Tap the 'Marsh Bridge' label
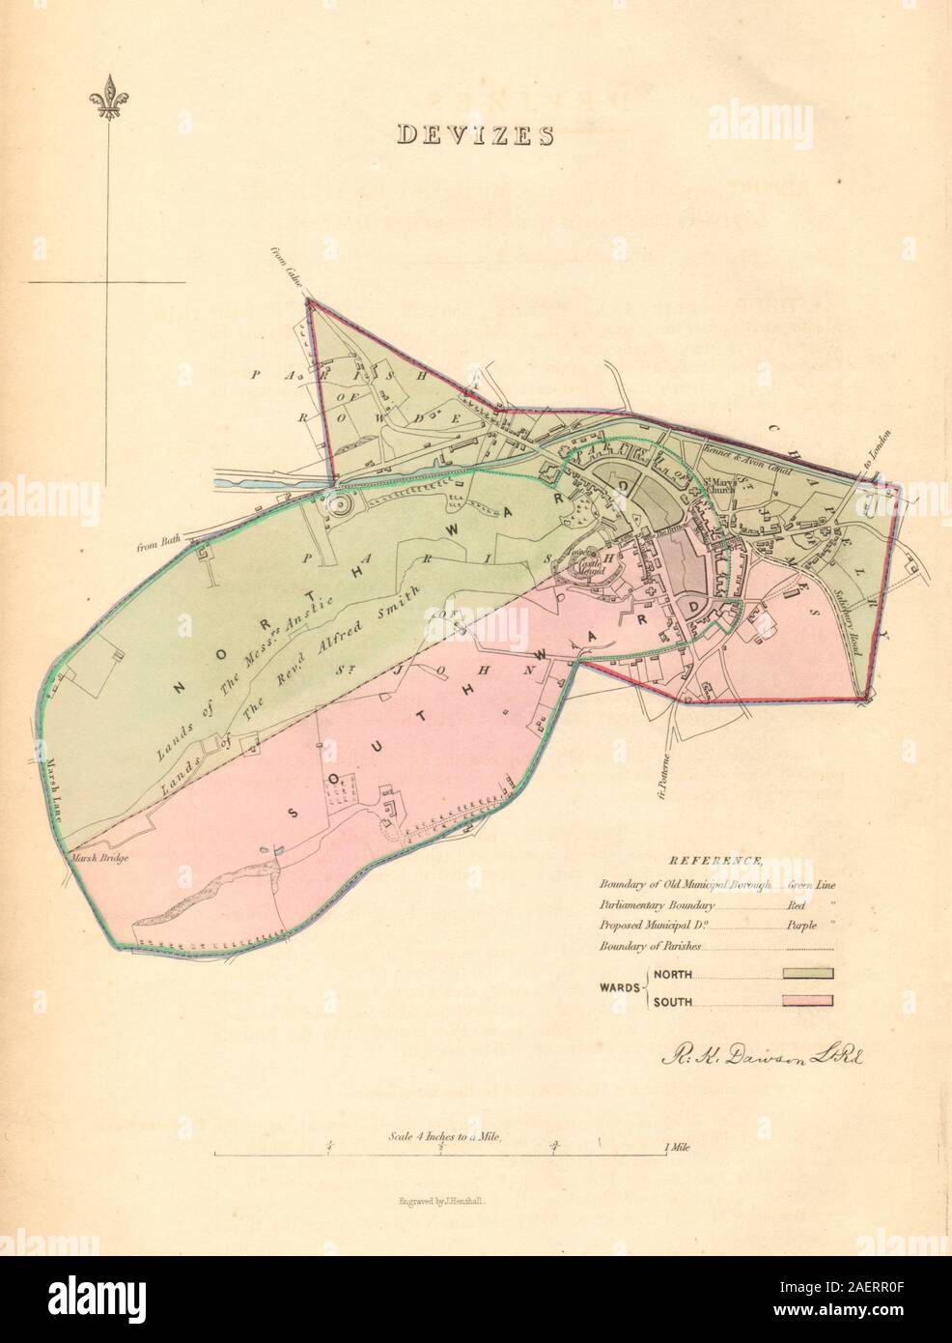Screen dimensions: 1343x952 (x=96, y=855)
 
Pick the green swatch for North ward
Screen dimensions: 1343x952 (x=807, y=973)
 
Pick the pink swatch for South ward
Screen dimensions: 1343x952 (x=807, y=1001)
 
